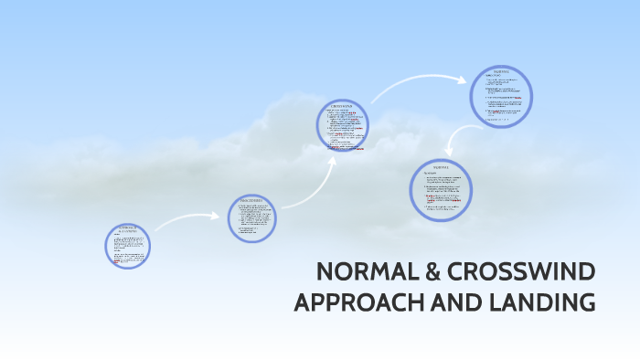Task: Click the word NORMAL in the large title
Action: pos(361,272)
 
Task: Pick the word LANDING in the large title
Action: pos(547,302)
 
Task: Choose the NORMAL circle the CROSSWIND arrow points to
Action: pos(501,93)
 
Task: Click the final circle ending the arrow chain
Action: pos(441,190)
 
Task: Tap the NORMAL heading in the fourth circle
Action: pos(500,70)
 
